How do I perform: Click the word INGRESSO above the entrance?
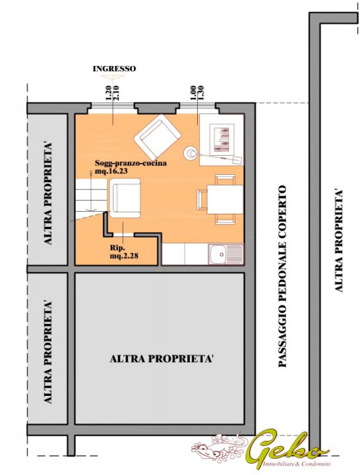click(x=114, y=69)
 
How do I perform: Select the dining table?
click(x=225, y=199)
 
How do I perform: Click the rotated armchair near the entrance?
click(x=157, y=135)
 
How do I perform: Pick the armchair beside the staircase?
click(x=125, y=198)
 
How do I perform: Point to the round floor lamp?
click(x=191, y=153)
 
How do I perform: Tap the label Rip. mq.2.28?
click(x=124, y=252)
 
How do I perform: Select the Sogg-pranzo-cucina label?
click(x=131, y=164)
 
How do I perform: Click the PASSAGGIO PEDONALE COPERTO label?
click(x=282, y=276)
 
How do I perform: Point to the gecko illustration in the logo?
click(x=219, y=446)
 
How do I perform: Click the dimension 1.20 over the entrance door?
click(x=109, y=93)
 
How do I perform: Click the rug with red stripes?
click(x=223, y=140)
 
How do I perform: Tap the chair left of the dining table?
click(x=202, y=199)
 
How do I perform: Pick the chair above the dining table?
click(x=225, y=179)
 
